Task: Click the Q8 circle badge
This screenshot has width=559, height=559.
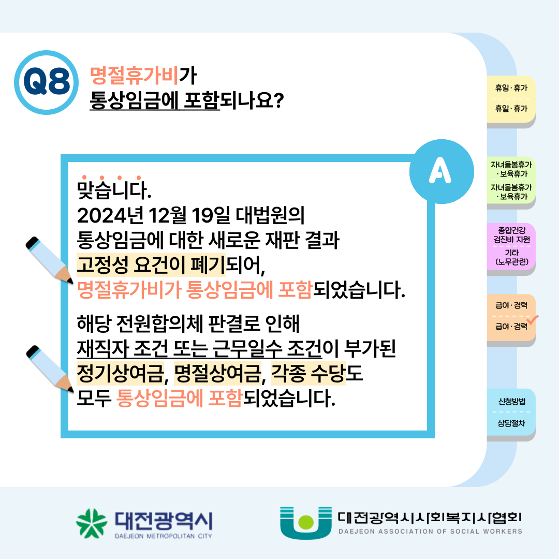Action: click(47, 82)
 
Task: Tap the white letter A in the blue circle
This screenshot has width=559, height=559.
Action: click(440, 170)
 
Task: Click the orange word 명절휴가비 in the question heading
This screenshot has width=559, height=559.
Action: click(134, 76)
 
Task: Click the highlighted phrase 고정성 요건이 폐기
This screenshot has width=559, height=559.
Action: click(151, 264)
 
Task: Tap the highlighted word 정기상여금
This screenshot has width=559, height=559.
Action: click(120, 373)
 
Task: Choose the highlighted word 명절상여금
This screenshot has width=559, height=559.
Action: click(217, 373)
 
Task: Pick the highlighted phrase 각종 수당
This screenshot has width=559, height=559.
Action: click(308, 373)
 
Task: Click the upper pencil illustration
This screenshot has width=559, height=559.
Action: click(49, 260)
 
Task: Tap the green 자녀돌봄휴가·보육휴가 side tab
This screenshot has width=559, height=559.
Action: click(511, 181)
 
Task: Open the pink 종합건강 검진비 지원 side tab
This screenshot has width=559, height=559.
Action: click(511, 247)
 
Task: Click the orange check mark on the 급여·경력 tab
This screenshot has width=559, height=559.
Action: click(533, 320)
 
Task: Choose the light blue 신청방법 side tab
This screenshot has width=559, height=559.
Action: click(511, 412)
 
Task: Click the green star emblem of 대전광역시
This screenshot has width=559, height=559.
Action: click(91, 523)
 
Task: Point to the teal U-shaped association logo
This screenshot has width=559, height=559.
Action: click(305, 523)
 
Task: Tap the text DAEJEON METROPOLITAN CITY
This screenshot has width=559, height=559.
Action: click(163, 536)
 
